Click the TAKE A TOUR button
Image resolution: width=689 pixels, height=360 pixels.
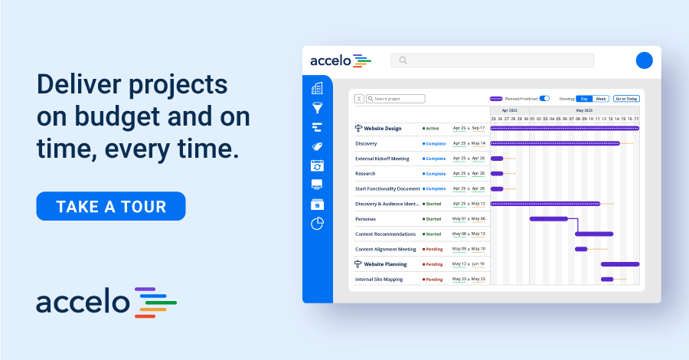[111, 206]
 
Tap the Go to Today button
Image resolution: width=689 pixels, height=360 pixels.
[626, 99]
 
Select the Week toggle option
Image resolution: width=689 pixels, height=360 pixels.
[601, 99]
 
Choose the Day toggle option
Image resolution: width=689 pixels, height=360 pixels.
[584, 99]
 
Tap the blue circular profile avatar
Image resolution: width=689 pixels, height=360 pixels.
[645, 61]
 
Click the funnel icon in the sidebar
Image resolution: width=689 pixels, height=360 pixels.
[317, 109]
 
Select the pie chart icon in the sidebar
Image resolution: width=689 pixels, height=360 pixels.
[317, 224]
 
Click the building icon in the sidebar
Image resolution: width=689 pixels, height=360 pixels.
[317, 90]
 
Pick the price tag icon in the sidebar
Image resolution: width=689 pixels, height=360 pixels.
[317, 146]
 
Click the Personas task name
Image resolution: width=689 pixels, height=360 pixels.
[366, 219]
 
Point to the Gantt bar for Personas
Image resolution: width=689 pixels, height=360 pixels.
[548, 219]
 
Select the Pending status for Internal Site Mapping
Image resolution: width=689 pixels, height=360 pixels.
[434, 280]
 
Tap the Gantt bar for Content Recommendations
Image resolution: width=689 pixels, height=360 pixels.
[594, 234]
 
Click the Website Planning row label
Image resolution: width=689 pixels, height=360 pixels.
[385, 264]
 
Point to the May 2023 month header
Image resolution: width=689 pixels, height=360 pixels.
[584, 110]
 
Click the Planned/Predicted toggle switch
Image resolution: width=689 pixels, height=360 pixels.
[544, 99]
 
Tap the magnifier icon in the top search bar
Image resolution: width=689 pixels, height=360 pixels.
[403, 61]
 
